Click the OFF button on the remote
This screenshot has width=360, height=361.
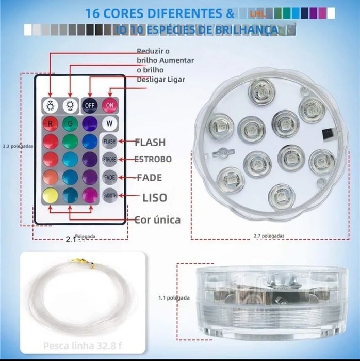[90, 105]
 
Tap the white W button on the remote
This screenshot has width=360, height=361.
[109, 123]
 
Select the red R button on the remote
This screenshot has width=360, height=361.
[51, 124]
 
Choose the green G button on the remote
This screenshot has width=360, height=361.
[70, 124]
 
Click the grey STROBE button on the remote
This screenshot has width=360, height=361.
[109, 159]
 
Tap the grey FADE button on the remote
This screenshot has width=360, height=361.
[109, 177]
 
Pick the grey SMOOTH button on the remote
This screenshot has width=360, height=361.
[109, 195]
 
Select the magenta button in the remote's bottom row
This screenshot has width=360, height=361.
[90, 195]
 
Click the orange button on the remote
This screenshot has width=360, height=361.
[51, 177]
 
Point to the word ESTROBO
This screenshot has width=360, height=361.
[153, 159]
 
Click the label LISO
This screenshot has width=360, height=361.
[155, 197]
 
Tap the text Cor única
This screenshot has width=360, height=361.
[157, 219]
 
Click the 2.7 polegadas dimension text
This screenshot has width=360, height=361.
[268, 236]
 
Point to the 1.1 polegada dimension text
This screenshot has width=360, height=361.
[174, 297]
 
